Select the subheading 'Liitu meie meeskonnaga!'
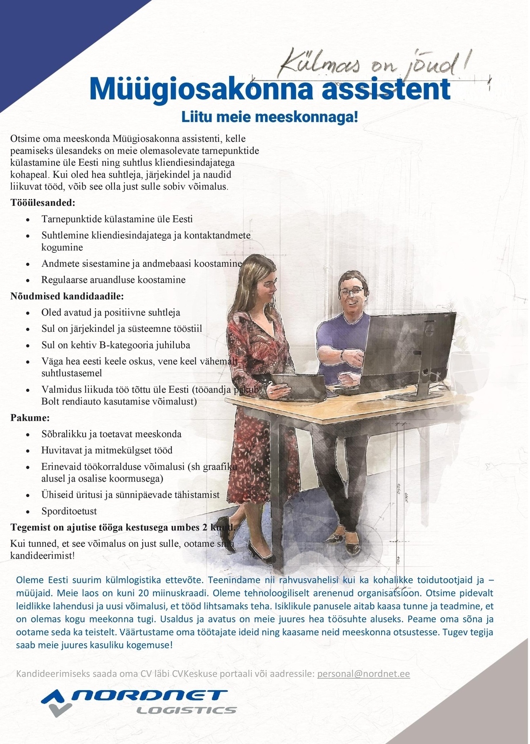(x=269, y=118)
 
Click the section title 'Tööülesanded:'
(x=43, y=203)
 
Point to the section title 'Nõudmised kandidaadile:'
(x=67, y=296)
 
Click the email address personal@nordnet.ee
(x=363, y=674)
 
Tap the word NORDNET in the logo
(x=150, y=695)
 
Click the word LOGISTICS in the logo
(x=186, y=710)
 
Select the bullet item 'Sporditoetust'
(x=69, y=511)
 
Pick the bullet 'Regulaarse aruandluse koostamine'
(x=114, y=280)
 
